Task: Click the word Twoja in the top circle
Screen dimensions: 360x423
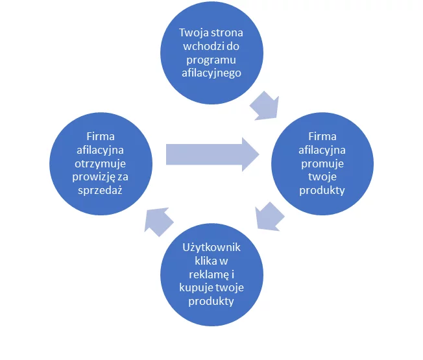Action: (x=193, y=32)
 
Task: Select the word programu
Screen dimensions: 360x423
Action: (x=211, y=60)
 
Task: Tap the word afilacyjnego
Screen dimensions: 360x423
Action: (x=211, y=73)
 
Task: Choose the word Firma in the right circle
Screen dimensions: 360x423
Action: (x=322, y=137)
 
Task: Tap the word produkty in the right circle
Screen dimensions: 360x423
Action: (x=322, y=191)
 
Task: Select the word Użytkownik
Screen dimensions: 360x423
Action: (x=211, y=247)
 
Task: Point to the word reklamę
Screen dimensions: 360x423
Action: (x=206, y=274)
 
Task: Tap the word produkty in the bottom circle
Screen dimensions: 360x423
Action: (x=211, y=302)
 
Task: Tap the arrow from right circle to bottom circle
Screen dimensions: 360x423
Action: (x=269, y=215)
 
